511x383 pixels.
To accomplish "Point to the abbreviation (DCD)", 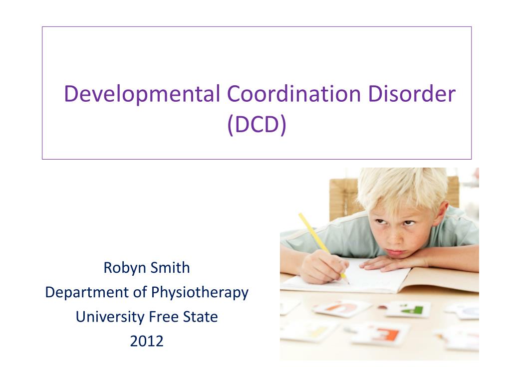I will pyautogui.click(x=256, y=126).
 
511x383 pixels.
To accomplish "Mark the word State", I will pyautogui.click(x=200, y=317).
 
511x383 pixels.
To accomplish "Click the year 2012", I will pyautogui.click(x=147, y=342).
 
